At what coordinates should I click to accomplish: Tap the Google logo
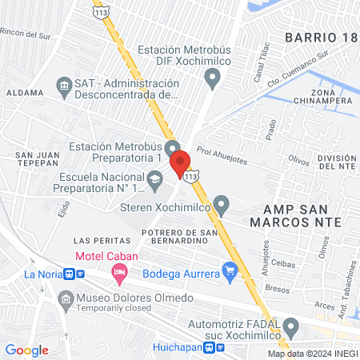coord(27,350)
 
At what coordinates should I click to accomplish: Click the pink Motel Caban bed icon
coord(120,274)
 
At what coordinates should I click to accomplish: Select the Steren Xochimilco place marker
coord(222,207)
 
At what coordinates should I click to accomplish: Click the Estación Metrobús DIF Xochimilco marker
coord(212,78)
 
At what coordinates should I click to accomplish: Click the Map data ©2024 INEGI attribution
coord(312,354)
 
